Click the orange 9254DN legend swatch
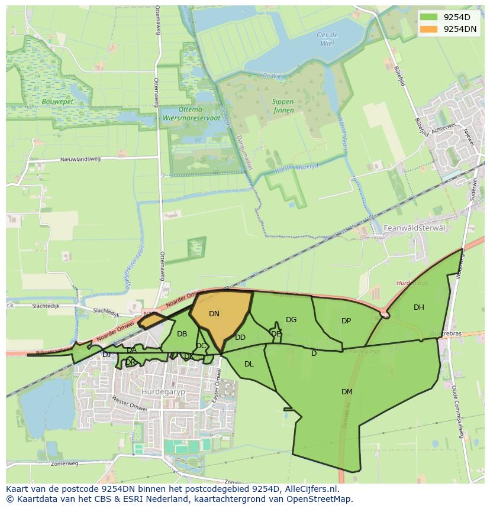point(430,29)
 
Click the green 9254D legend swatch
point(430,17)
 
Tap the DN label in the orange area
point(214,314)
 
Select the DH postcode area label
point(419,307)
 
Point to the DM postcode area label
point(347,392)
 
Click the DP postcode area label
point(346,321)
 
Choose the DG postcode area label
point(291,320)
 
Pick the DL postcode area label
point(249,364)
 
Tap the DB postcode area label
point(182,334)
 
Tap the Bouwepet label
point(57,102)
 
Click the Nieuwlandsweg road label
point(80,159)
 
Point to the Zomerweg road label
point(65,463)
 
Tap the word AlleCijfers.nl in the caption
point(310,489)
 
